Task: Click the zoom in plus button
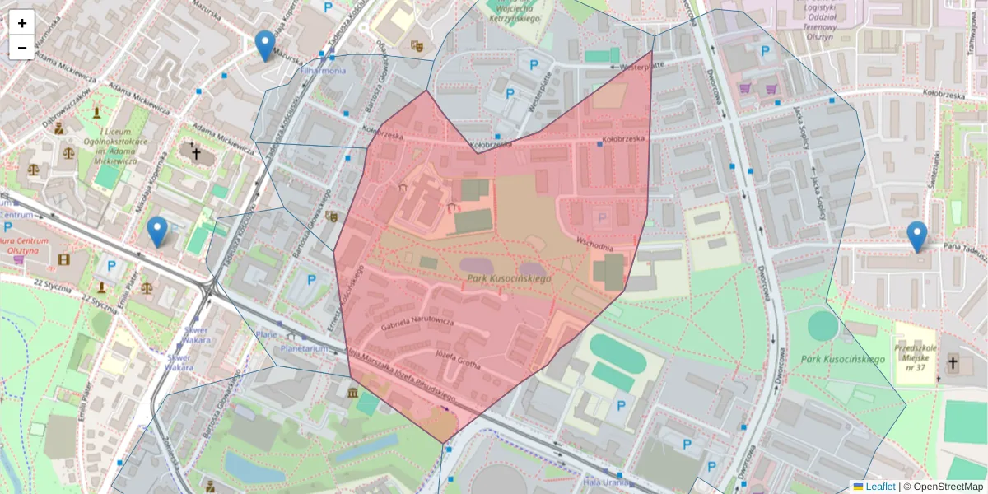[22, 23]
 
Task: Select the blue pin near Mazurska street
[264, 46]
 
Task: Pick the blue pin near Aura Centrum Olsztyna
[156, 232]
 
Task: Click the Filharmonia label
[323, 71]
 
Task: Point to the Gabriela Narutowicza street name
[417, 322]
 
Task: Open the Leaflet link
[879, 487]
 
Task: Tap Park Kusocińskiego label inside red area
[509, 279]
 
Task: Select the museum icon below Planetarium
[352, 392]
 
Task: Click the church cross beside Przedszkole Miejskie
[953, 362]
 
